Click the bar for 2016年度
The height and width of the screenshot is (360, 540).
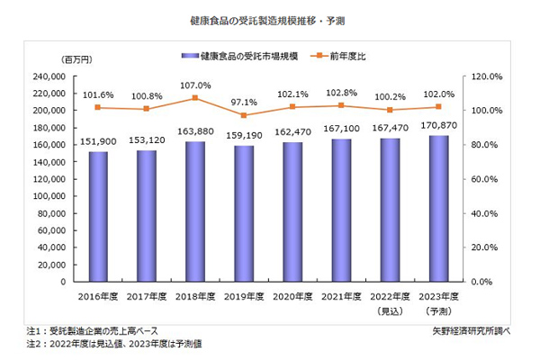(x=98, y=216)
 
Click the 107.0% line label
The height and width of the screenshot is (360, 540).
(x=195, y=85)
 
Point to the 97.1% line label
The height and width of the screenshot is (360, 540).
(x=244, y=103)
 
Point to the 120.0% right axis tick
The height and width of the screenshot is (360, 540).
(x=479, y=76)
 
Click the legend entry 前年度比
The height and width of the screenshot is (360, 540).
(x=352, y=57)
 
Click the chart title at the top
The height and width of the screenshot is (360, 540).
(x=270, y=19)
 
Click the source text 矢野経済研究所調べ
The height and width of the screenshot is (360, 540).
(x=471, y=331)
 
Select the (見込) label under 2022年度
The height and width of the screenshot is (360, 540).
(x=390, y=310)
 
